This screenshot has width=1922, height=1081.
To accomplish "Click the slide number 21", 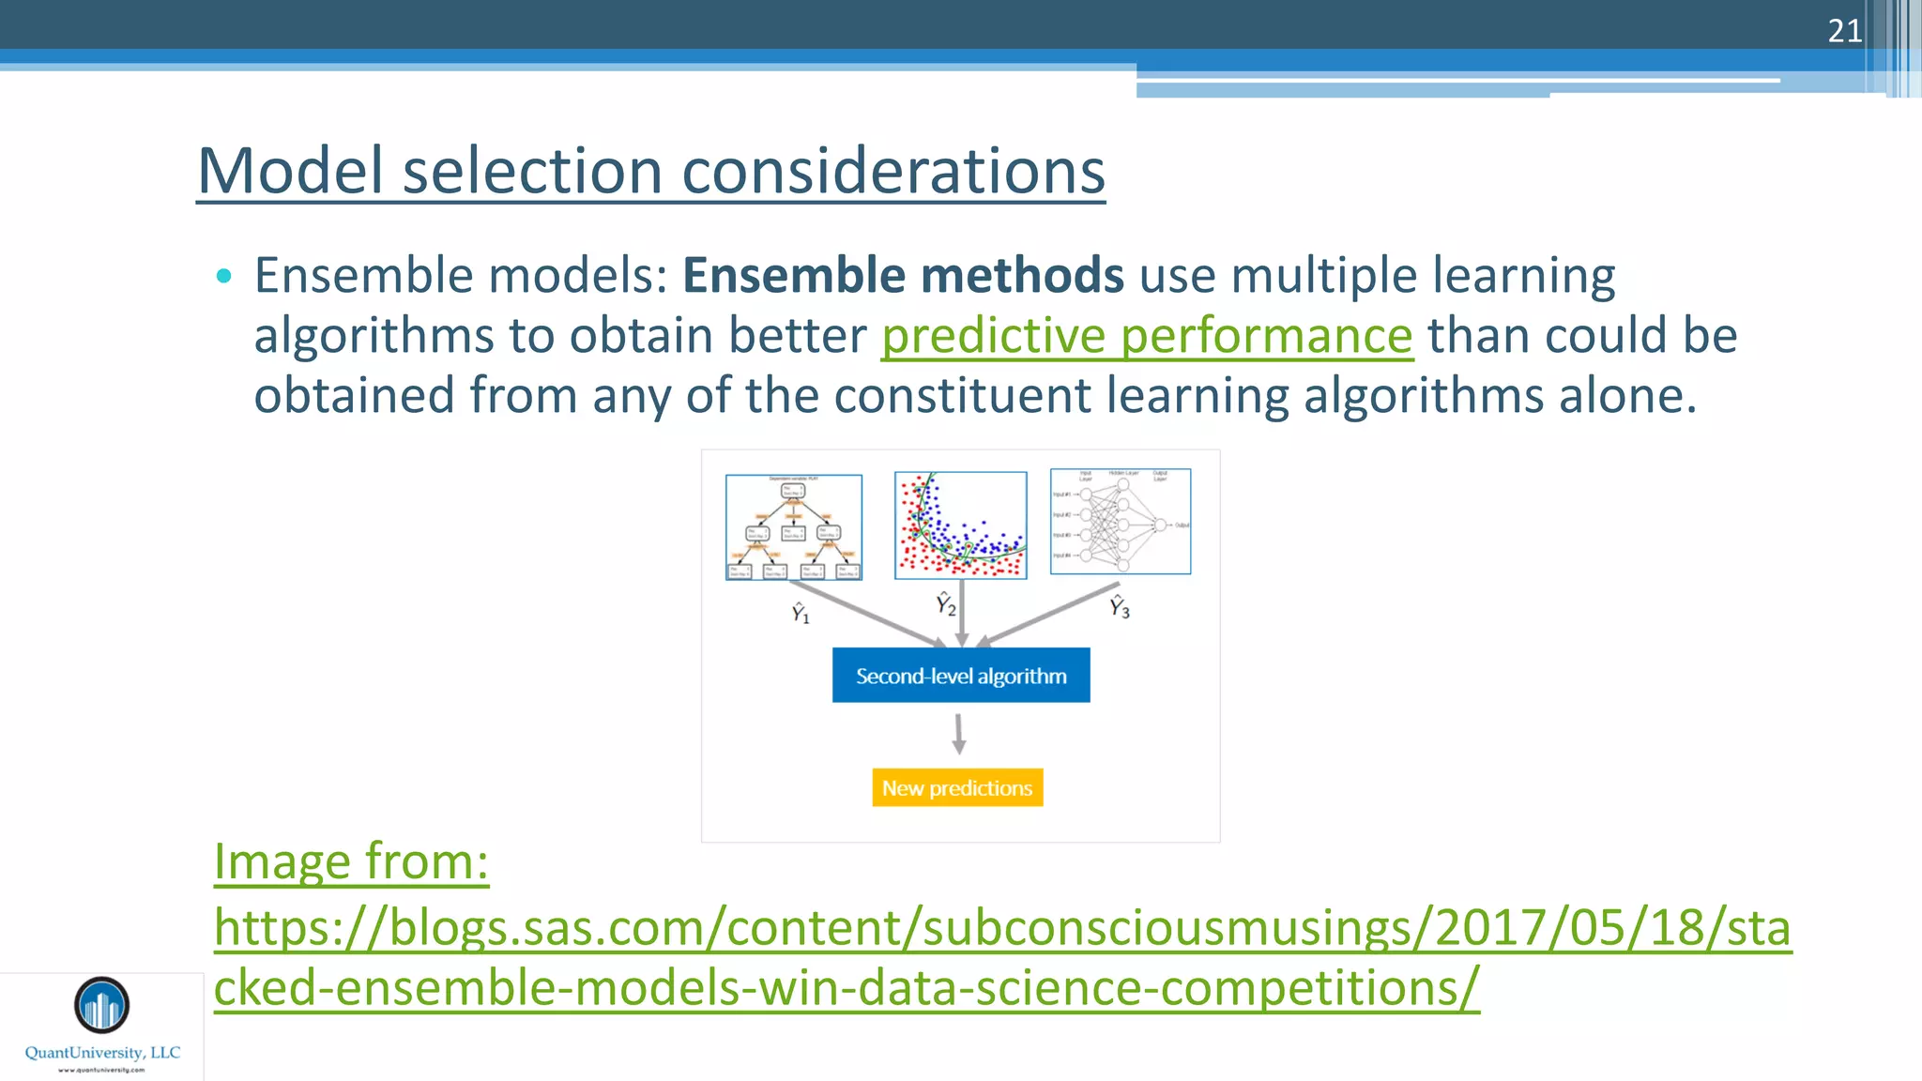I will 1844,31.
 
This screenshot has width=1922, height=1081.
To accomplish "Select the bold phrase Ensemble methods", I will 903,276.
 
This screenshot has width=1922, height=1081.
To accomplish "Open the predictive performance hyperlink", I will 1147,336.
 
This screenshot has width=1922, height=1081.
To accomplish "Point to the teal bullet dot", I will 223,276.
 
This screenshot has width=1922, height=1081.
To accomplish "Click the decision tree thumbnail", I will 794,526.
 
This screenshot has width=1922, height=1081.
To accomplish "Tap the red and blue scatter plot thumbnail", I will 960,525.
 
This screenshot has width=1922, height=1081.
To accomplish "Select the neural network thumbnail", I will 1121,522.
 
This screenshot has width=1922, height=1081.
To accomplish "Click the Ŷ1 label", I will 800,613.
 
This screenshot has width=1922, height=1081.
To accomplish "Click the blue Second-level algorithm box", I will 961,676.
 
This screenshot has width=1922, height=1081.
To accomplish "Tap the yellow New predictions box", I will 957,788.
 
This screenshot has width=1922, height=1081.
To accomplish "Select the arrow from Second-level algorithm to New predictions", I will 958,734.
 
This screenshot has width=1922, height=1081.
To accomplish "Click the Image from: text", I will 351,861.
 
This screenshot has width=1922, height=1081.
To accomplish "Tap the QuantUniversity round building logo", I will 101,1005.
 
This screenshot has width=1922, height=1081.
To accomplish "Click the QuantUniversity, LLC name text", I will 102,1053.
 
